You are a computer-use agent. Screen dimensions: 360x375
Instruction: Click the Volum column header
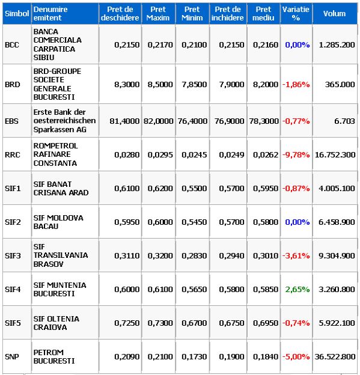coord(334,14)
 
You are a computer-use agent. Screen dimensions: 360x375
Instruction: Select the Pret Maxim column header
coord(158,13)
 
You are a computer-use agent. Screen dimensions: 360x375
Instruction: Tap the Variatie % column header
coord(296,13)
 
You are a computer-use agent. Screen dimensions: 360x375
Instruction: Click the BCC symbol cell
coord(12,44)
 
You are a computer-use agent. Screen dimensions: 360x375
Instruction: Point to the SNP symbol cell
coord(12,356)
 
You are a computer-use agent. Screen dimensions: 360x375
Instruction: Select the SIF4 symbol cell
coord(13,290)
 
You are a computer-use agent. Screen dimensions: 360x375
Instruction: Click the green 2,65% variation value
coord(297,290)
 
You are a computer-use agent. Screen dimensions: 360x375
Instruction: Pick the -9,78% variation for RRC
coord(296,154)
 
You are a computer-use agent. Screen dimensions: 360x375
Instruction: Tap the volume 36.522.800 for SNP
coord(335,356)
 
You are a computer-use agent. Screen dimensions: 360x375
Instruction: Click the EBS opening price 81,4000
coord(124,121)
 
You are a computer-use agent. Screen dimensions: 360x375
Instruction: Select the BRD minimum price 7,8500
coord(194,84)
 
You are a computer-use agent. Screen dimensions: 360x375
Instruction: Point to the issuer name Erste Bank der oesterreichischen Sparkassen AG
coord(64,121)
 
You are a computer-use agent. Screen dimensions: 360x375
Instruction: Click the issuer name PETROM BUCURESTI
coord(54,356)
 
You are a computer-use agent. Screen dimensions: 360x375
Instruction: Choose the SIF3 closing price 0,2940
coord(231,255)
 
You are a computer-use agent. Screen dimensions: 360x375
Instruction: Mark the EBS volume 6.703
coord(344,121)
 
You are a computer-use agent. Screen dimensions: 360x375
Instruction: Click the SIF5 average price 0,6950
coord(266,323)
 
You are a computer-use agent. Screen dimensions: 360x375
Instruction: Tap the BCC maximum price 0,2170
coord(160,44)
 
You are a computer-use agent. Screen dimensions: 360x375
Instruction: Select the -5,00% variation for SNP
coord(296,356)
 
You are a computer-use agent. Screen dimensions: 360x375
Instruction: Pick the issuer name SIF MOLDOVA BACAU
coord(58,222)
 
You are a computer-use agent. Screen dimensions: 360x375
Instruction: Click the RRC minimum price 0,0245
coord(194,154)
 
